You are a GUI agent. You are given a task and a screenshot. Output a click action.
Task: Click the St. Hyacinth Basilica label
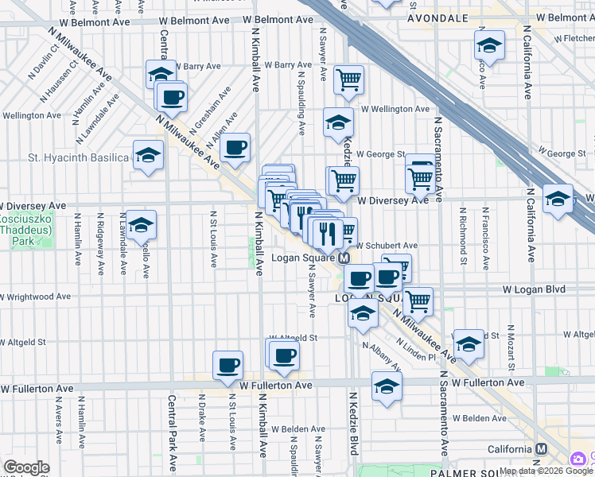(x=78, y=157)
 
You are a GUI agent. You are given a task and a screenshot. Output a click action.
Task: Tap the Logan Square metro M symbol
(x=344, y=259)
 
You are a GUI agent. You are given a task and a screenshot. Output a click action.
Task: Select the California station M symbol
(x=541, y=449)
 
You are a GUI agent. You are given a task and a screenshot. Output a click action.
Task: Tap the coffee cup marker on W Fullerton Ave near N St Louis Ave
(x=228, y=364)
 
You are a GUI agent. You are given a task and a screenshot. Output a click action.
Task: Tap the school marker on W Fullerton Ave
(x=387, y=386)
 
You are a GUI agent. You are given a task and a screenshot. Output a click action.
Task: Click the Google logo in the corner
(x=26, y=467)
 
